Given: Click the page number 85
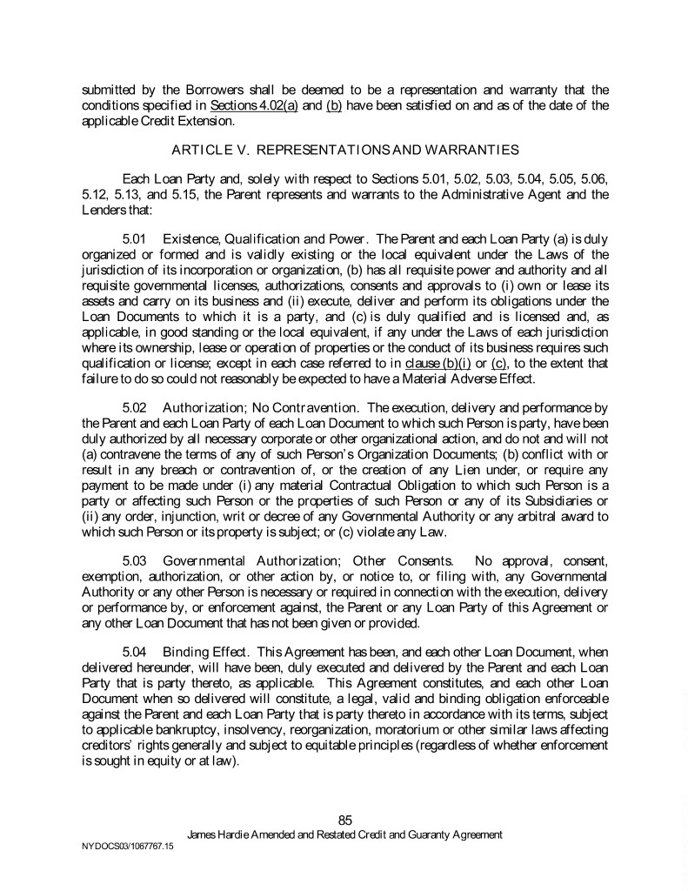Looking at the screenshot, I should click(344, 820).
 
